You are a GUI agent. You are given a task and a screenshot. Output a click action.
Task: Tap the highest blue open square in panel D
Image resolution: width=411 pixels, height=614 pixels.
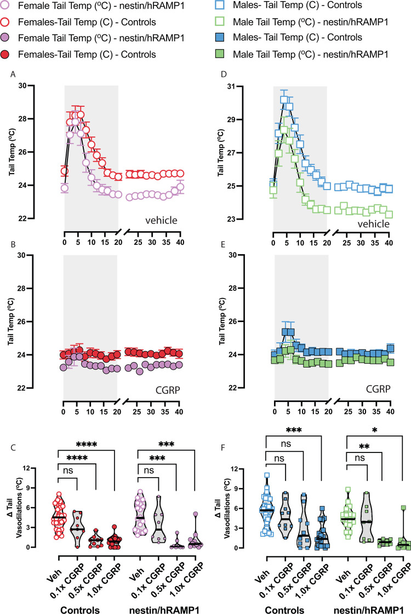pyautogui.click(x=284, y=100)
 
